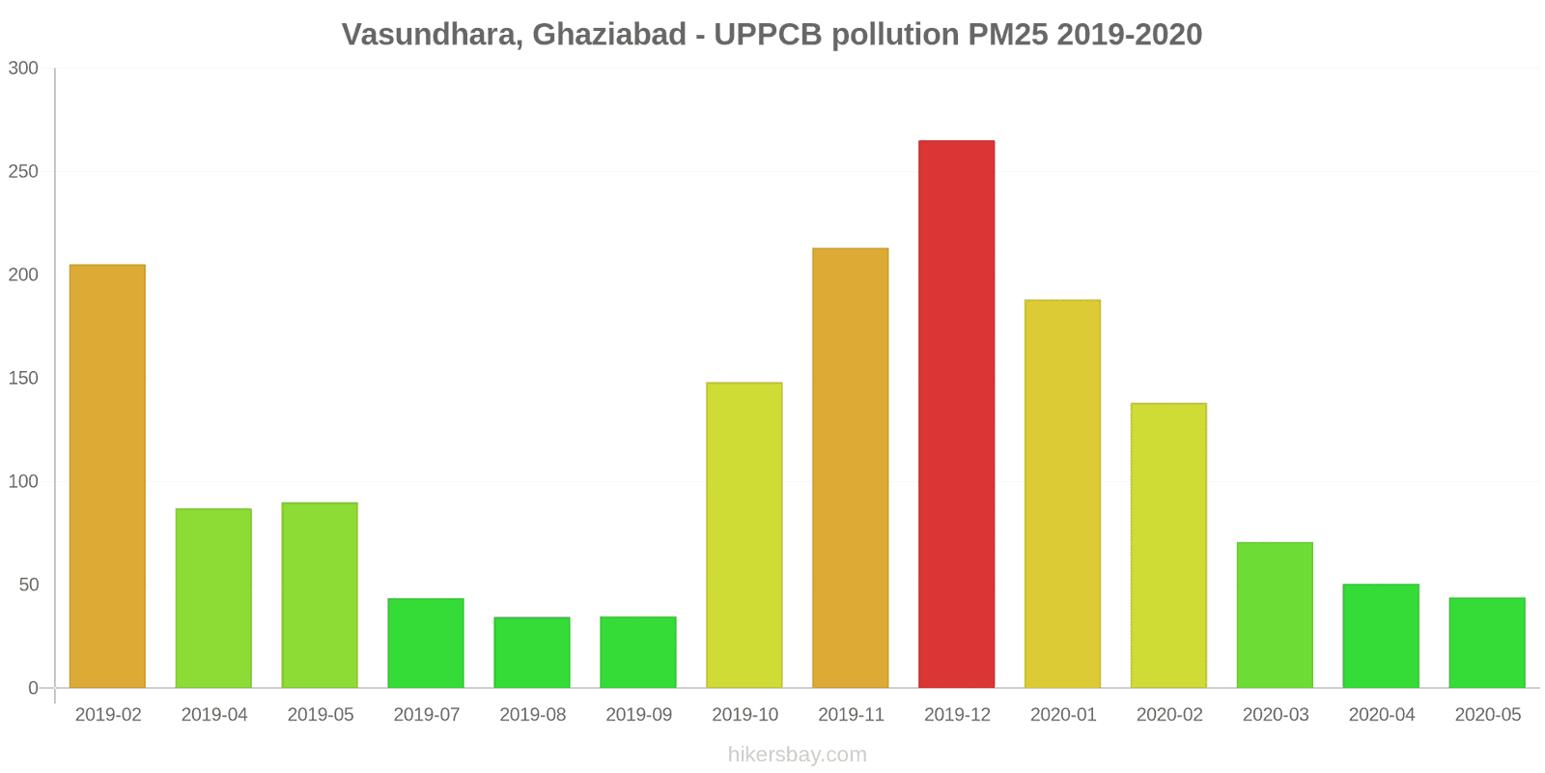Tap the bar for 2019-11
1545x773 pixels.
[850, 468]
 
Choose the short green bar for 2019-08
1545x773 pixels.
[532, 652]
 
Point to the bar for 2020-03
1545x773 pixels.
[1275, 615]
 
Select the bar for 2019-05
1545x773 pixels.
[320, 594]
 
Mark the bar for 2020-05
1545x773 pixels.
[1487, 643]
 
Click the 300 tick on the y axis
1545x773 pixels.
[23, 68]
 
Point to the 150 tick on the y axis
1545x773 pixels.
[23, 378]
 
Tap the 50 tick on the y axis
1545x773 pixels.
[28, 585]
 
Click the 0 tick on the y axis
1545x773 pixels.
[33, 688]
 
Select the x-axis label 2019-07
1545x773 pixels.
[426, 715]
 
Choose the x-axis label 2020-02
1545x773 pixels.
[1169, 715]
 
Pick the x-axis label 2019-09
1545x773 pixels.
[638, 715]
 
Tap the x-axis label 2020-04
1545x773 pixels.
[1382, 715]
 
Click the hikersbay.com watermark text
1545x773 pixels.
[798, 755]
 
